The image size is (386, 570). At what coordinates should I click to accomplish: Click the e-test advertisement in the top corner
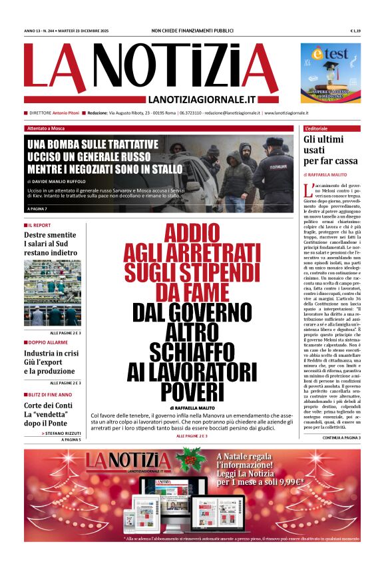330,73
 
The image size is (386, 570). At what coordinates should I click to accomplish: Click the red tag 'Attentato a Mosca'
47,128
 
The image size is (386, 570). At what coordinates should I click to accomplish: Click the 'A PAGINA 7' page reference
42,209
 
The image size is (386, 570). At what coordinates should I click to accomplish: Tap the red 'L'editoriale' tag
317,128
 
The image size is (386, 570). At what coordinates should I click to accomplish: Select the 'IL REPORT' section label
41,225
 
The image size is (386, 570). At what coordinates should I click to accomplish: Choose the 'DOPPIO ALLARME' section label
46,342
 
